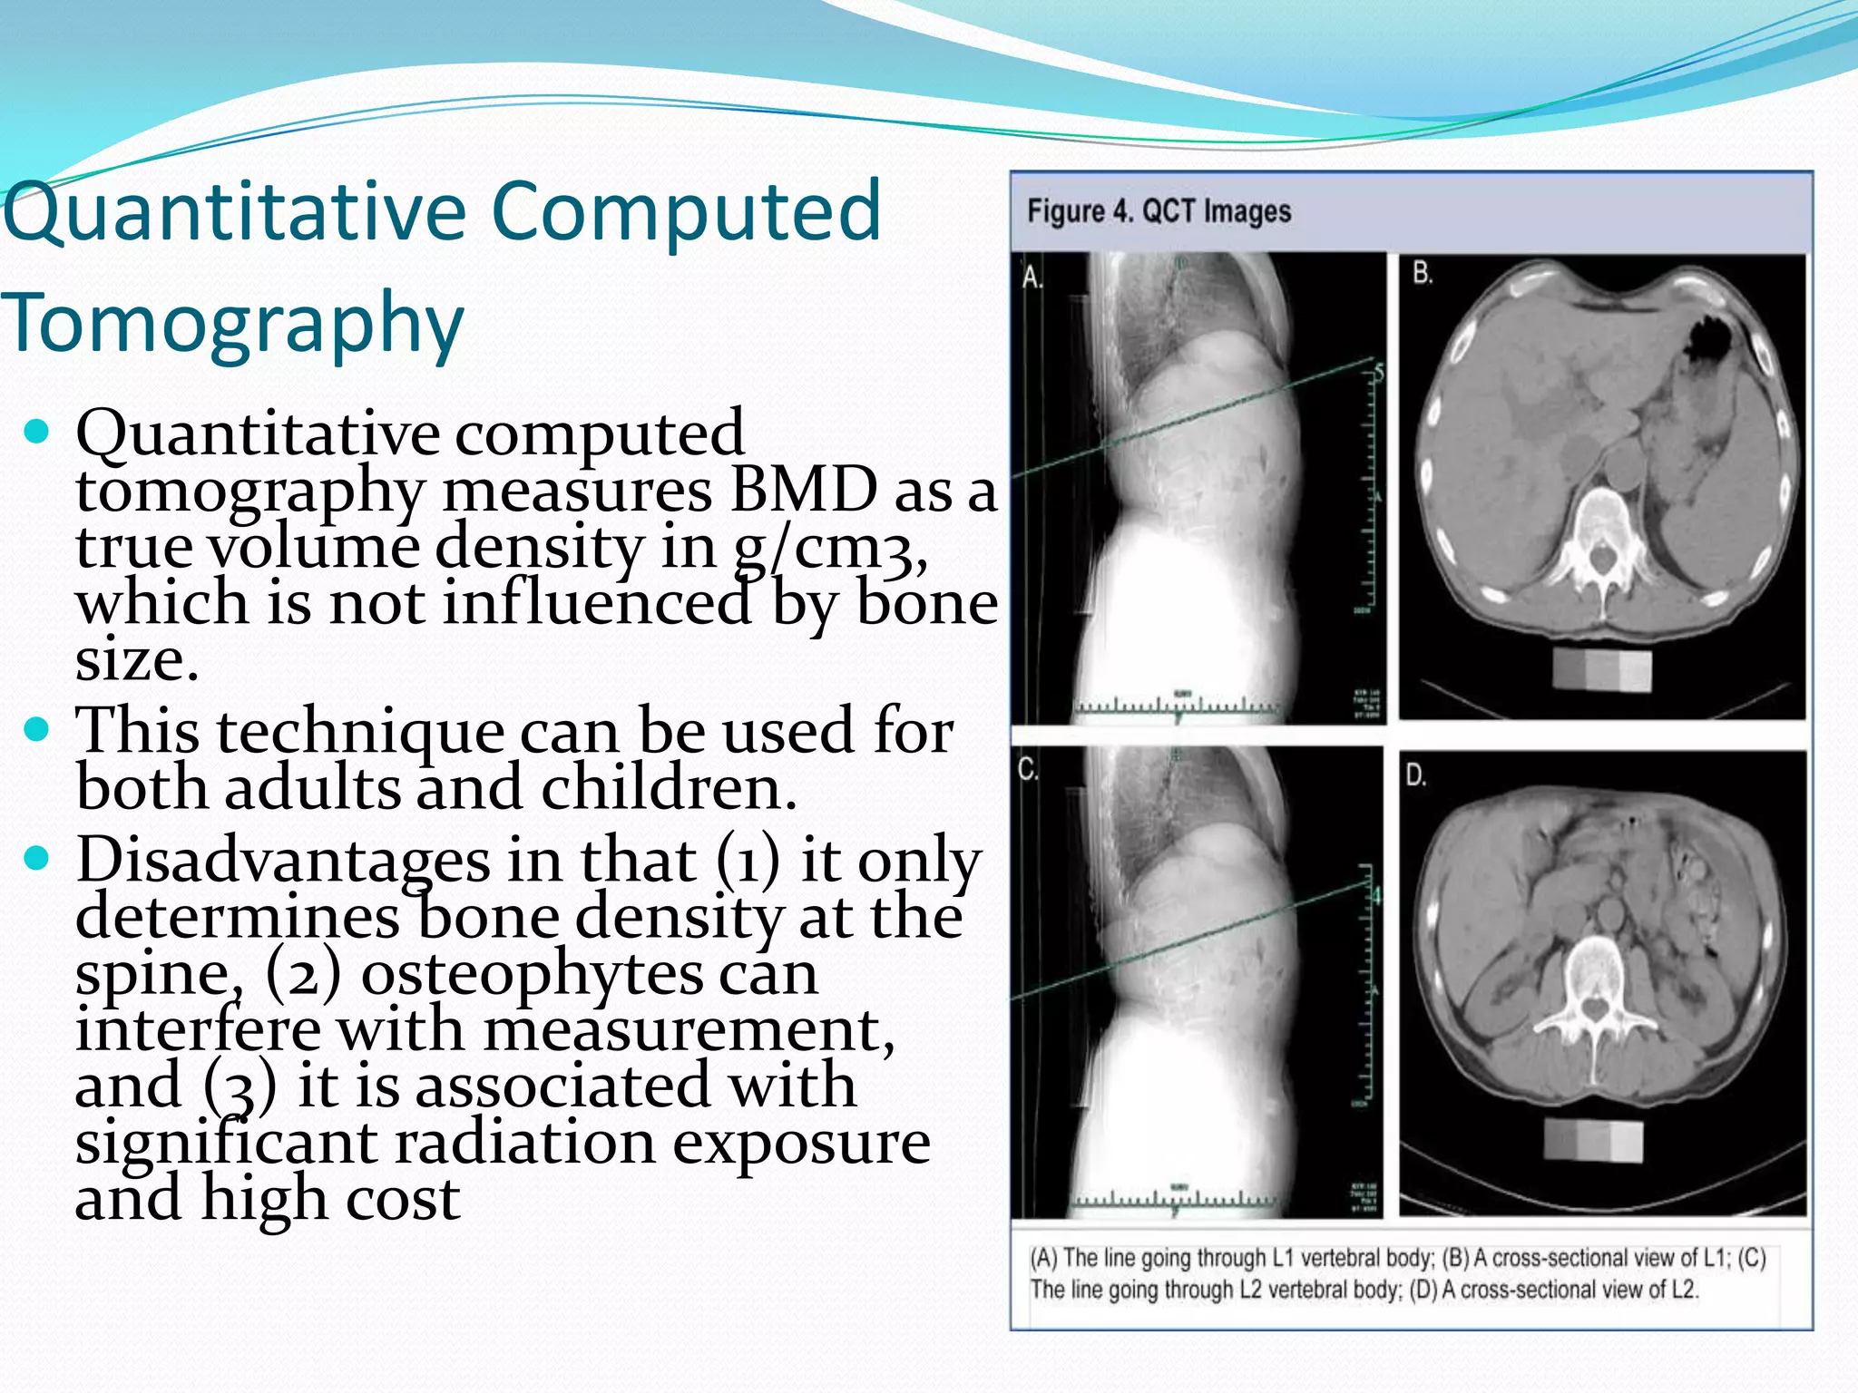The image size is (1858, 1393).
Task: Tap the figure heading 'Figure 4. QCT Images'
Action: click(x=1159, y=211)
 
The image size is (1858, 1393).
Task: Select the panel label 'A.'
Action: click(x=1032, y=277)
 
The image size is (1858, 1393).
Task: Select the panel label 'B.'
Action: click(x=1423, y=272)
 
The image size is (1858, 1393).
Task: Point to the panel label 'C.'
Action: click(x=1027, y=770)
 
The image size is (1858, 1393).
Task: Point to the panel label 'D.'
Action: click(x=1416, y=774)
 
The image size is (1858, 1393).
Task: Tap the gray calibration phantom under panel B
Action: click(x=1601, y=670)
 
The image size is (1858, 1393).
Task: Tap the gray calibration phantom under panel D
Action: click(x=1593, y=1140)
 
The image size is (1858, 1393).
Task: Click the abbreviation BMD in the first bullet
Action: click(x=804, y=490)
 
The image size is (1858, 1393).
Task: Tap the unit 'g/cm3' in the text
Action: click(x=829, y=548)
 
